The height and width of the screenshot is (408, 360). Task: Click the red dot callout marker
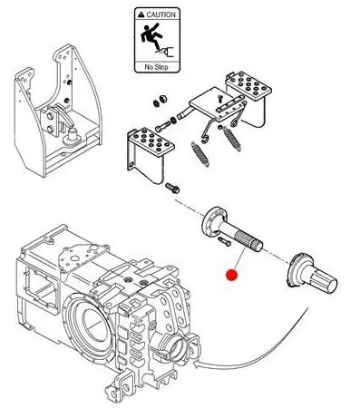point(231,275)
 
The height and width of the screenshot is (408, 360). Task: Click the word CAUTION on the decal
point(161,15)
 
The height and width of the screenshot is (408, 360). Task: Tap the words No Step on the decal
point(156,67)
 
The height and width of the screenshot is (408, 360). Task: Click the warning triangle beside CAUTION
point(141,15)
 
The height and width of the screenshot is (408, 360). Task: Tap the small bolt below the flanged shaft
point(224,241)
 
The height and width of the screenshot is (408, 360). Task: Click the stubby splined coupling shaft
point(311,273)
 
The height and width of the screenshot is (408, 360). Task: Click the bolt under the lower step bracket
point(172,188)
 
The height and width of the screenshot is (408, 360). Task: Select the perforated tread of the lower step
point(151,140)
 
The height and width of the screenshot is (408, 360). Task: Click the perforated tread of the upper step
point(249,84)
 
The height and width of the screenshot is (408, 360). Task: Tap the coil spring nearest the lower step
point(199,154)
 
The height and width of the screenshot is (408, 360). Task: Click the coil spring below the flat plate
point(232,138)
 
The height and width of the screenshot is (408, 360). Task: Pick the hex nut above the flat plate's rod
point(163,99)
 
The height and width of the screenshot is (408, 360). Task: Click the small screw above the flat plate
point(219,97)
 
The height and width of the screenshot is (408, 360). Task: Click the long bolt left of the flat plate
point(163,126)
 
